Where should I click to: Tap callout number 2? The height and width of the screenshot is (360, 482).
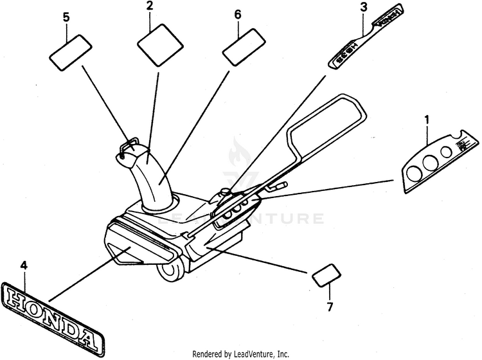(x=150, y=7)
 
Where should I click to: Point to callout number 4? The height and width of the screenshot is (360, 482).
(x=24, y=265)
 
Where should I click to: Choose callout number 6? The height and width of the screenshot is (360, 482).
(x=238, y=14)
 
